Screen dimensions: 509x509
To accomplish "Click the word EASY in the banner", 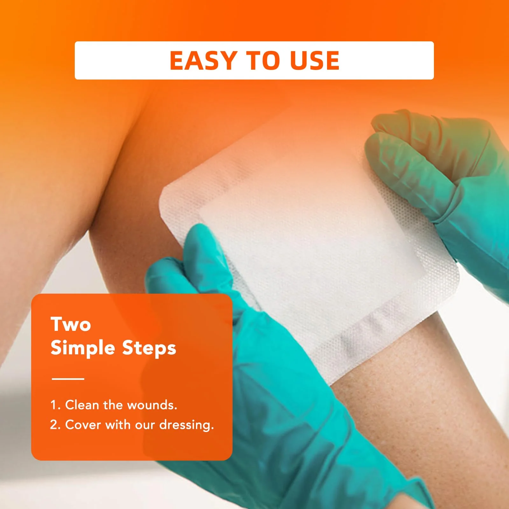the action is pos(203,60).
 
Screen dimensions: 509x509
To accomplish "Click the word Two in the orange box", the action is pos(71,324).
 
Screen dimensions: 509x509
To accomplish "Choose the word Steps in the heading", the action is pos(149,348).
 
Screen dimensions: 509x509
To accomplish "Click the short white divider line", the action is pos(68,379).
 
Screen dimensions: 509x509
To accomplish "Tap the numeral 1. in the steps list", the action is pos(55,405).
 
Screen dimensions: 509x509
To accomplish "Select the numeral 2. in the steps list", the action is pos(55,425).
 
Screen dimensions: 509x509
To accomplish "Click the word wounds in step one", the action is pos(152,405).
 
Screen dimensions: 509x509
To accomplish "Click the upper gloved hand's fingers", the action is pos(410,153).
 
